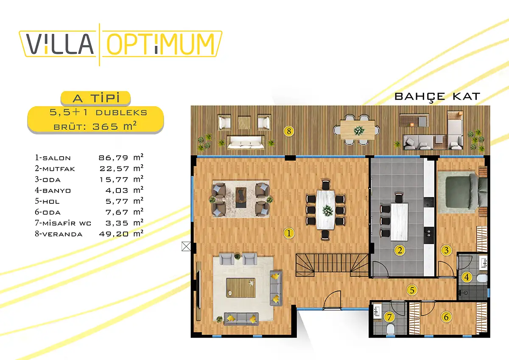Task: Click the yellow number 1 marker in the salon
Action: click(289, 233)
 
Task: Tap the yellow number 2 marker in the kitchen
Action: click(400, 250)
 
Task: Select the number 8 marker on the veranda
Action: click(289, 131)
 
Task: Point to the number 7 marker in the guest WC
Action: click(389, 317)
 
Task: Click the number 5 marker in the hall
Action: click(412, 290)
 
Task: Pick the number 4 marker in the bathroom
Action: click(467, 277)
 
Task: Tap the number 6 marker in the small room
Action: click(446, 317)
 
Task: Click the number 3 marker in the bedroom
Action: click(446, 250)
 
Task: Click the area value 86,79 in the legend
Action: click(113, 157)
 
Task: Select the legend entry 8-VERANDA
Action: click(59, 234)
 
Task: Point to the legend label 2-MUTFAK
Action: click(55, 169)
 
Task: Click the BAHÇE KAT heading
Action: click(437, 97)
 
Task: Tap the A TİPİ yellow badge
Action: click(96, 98)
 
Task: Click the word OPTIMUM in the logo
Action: click(161, 44)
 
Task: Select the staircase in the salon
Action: click(332, 265)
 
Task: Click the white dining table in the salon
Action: click(326, 210)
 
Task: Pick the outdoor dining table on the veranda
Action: click(358, 130)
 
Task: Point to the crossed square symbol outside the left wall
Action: click(186, 246)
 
